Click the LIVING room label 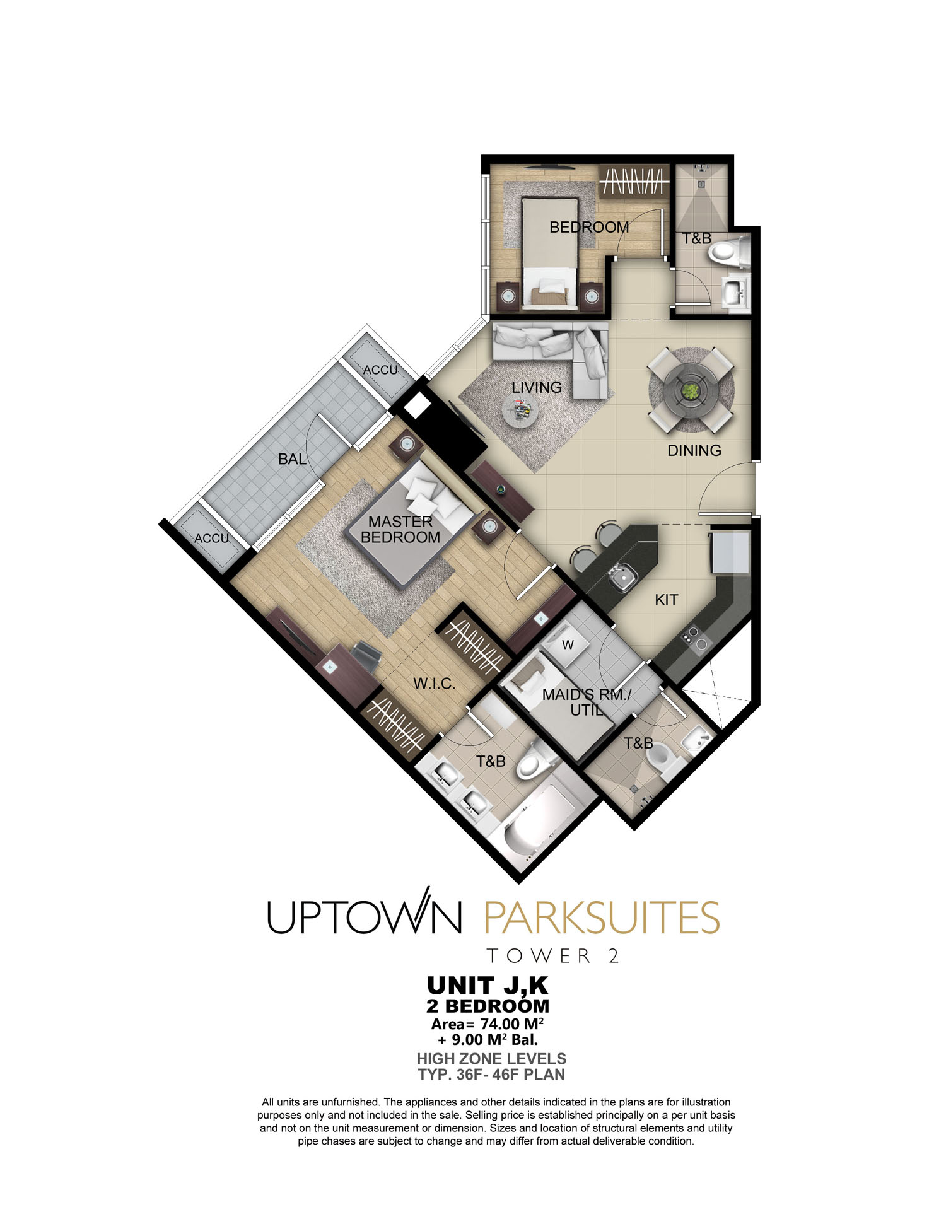(x=537, y=387)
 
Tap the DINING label (x=694, y=450)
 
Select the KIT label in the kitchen (x=667, y=600)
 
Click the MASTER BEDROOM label (x=400, y=530)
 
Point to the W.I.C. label (x=434, y=684)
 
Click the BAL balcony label (x=292, y=459)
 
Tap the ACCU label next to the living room (x=380, y=370)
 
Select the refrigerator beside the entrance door (x=730, y=552)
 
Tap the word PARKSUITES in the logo (x=602, y=918)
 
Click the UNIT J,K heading (x=488, y=985)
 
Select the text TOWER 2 (x=553, y=956)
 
